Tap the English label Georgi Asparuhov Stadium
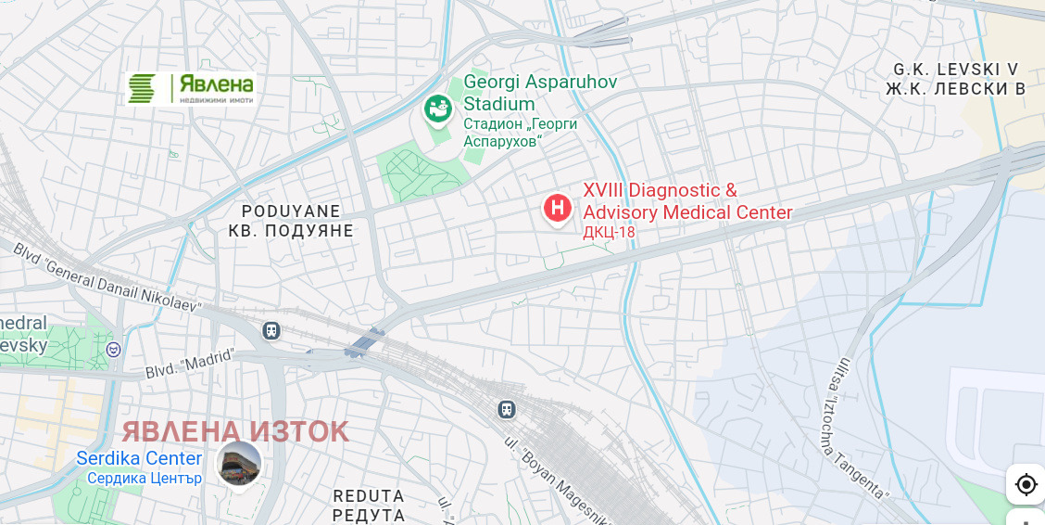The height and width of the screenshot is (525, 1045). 539,93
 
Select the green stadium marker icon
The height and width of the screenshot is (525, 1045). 437,109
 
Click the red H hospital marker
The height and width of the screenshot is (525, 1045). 557,208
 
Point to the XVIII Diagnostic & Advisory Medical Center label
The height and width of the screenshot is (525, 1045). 686,201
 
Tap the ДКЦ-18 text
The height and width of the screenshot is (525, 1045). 609,232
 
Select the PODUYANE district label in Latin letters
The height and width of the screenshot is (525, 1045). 291,211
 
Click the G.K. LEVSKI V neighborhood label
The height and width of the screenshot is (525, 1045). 955,70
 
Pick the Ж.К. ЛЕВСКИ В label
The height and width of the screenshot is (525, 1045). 955,89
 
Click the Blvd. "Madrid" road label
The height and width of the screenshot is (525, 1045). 190,363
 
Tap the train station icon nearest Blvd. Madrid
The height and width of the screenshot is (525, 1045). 271,330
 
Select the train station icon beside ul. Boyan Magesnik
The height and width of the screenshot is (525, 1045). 506,409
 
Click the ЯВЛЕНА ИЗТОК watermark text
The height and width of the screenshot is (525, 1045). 235,431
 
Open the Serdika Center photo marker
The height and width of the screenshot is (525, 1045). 239,463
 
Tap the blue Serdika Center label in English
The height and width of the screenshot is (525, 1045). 139,458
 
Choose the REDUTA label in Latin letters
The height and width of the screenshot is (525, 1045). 369,496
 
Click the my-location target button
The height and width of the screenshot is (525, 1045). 1026,484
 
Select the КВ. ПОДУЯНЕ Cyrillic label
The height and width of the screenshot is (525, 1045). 291,231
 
